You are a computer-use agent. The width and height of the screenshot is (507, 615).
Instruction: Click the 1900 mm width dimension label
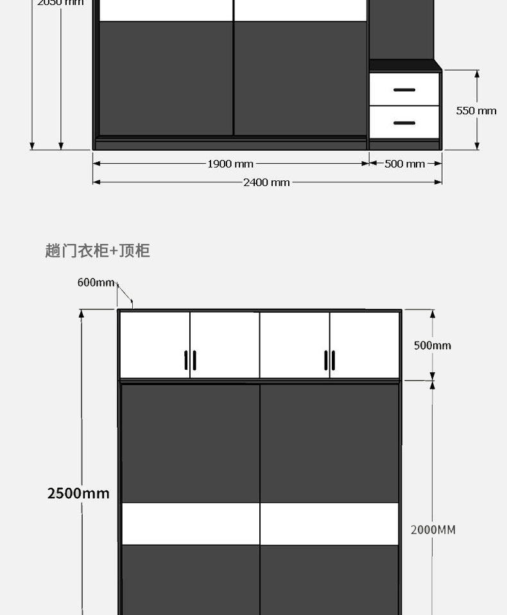tap(230, 164)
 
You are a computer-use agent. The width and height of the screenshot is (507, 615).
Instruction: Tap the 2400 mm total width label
tap(266, 182)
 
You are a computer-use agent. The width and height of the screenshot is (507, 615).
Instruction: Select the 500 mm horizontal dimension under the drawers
tap(404, 164)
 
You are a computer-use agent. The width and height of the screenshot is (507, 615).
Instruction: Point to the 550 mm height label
tap(476, 110)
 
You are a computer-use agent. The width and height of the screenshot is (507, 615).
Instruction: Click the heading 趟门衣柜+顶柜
tap(98, 250)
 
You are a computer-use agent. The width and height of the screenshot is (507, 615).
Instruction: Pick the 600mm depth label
tap(96, 282)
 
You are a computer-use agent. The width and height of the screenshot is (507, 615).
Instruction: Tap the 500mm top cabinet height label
tap(432, 345)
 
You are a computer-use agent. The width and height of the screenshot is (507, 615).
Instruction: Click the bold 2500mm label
tap(78, 493)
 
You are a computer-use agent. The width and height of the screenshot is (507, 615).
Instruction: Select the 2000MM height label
tap(433, 530)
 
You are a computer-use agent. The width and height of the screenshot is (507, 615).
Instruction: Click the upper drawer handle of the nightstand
tap(404, 90)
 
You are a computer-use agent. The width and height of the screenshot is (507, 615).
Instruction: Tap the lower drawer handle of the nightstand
tap(404, 123)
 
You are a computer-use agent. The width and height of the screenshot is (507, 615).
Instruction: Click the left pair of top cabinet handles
tap(190, 360)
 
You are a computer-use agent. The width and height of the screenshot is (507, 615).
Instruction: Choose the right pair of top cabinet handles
tap(330, 360)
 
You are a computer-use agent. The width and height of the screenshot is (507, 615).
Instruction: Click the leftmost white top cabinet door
tap(155, 345)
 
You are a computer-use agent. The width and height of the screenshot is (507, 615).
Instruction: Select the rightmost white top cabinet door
tap(365, 345)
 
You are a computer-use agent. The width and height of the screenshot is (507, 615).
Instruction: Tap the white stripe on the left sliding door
tap(191, 523)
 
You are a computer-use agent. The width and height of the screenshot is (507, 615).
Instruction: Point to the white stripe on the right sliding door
tap(329, 523)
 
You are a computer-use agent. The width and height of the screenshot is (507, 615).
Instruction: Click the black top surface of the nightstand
tap(404, 65)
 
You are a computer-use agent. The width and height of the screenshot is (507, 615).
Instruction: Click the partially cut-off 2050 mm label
tap(60, 3)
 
